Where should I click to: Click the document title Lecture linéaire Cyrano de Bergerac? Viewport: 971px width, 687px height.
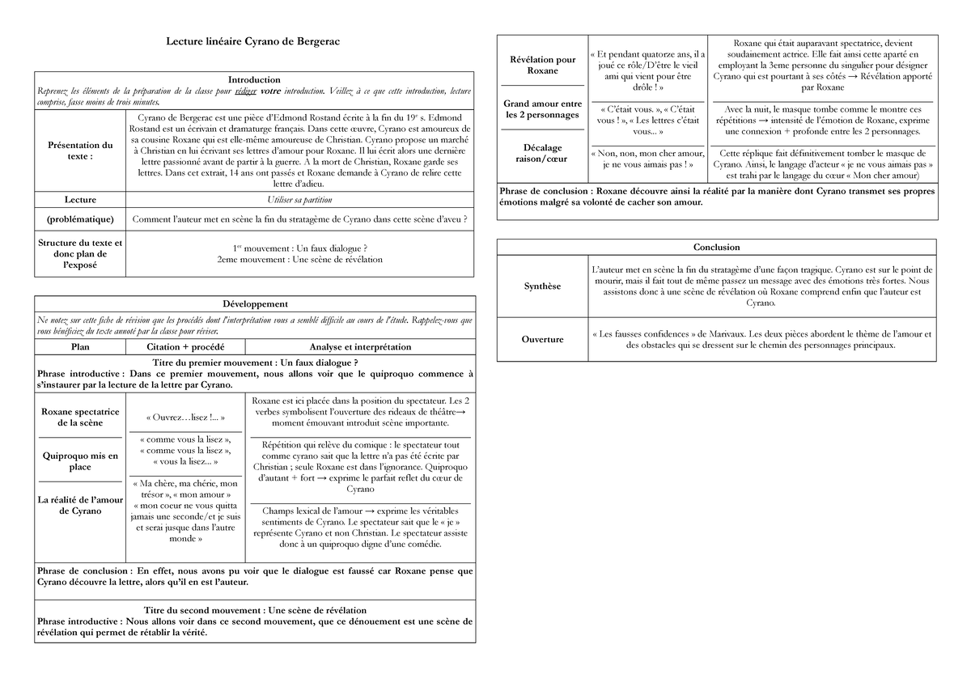tap(254, 41)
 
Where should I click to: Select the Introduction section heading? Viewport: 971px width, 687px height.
tap(254, 80)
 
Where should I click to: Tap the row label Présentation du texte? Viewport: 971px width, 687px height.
tap(80, 151)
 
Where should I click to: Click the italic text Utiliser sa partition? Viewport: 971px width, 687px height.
tap(299, 200)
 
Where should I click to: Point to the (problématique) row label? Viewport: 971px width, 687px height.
tap(80, 219)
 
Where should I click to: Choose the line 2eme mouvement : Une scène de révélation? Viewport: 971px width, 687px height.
tap(299, 260)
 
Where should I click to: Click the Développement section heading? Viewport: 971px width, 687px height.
tap(254, 304)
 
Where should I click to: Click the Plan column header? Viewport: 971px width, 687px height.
tap(80, 347)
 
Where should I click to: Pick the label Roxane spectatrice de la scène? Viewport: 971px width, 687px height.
tap(80, 418)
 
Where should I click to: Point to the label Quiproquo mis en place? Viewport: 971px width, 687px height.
tap(80, 461)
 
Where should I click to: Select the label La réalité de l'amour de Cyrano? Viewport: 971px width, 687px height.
tap(80, 505)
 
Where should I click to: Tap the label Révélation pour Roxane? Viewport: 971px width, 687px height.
tap(542, 65)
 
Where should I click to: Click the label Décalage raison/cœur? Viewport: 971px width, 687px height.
tap(542, 154)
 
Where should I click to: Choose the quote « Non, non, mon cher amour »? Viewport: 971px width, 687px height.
tap(647, 153)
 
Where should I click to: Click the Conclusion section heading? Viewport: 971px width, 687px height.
tap(716, 248)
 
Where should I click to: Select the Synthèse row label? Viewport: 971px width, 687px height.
tap(542, 286)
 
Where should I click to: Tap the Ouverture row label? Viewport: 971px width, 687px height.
tap(542, 340)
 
